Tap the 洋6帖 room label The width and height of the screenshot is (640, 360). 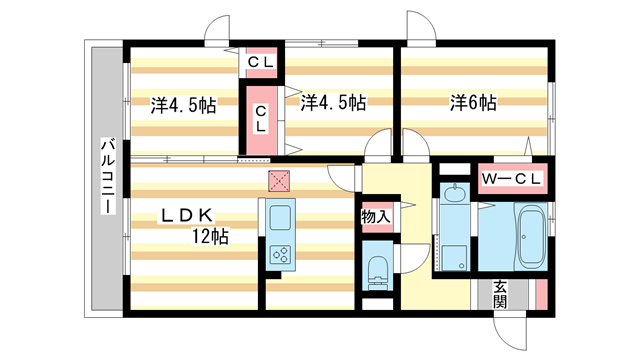tap(474, 102)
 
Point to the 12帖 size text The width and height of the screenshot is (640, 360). tap(211, 237)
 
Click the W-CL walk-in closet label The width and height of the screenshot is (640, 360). tap(512, 179)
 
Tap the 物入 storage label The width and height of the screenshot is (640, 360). tap(375, 216)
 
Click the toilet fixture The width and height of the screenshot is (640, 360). tap(378, 268)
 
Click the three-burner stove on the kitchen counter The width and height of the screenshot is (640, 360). tap(278, 255)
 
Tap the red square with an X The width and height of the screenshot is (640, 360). tap(278, 180)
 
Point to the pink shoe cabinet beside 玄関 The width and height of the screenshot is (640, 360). tap(540, 295)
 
